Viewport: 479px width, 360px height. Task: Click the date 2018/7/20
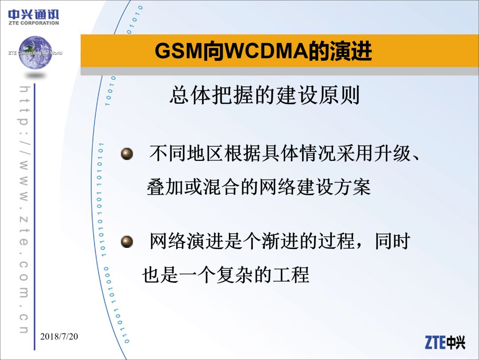59,337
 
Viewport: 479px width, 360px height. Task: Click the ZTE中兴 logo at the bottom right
445,342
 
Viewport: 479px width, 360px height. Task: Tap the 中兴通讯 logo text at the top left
34,14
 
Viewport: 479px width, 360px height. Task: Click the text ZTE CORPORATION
34,23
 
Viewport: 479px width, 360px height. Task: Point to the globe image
35,52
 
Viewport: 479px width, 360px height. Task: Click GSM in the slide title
178,51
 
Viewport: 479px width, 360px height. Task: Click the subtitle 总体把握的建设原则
264,95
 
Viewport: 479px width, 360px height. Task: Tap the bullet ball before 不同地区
127,153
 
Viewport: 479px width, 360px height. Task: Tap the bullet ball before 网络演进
127,242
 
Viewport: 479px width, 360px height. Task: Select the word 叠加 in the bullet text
165,187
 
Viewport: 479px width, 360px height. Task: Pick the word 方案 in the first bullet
353,187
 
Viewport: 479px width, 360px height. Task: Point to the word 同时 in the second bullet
393,241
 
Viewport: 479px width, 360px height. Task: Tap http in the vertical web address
24,106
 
